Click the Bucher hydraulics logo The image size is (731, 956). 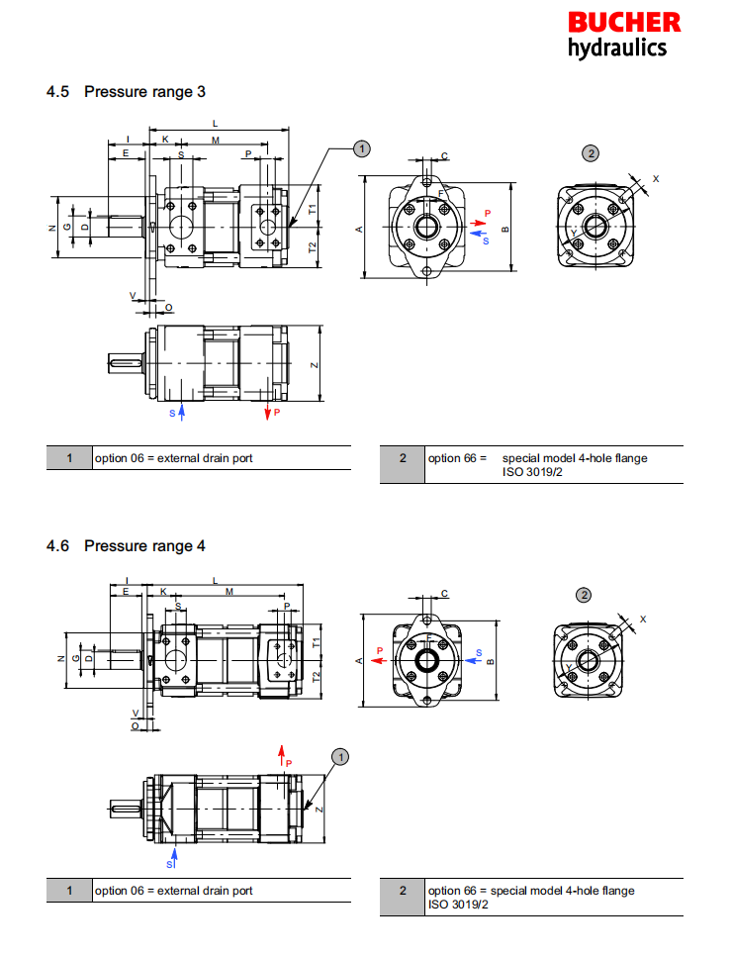click(623, 35)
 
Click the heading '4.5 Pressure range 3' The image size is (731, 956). click(126, 92)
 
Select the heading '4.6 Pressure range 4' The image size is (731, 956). click(126, 545)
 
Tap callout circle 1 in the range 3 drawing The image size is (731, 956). click(362, 148)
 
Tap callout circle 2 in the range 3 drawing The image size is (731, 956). click(591, 152)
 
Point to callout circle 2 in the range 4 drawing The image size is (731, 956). click(584, 595)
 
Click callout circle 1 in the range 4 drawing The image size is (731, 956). click(340, 757)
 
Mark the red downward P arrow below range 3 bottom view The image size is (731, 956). click(268, 410)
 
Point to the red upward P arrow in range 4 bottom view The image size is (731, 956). click(282, 756)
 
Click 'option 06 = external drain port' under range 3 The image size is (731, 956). click(173, 458)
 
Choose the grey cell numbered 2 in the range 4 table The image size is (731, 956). click(403, 891)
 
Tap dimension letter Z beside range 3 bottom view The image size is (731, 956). click(314, 365)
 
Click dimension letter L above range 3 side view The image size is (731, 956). click(216, 123)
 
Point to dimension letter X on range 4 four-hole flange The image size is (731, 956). click(643, 619)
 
